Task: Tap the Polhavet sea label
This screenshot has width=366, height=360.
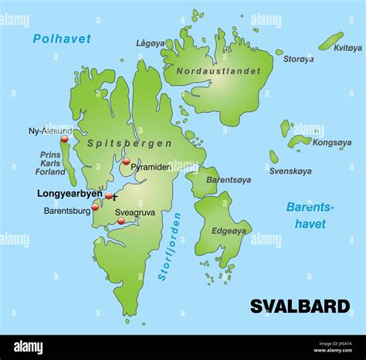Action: coord(62,39)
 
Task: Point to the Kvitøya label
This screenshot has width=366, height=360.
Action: coord(347,47)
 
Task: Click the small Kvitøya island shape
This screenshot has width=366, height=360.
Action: coord(331,40)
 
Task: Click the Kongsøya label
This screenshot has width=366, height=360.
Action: coord(333,143)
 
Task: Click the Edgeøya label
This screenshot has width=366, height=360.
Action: coord(229,230)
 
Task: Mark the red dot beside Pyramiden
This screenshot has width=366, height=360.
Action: coord(126,161)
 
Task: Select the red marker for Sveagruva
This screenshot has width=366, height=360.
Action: coord(120,221)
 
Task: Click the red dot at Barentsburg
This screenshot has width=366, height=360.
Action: coord(95,207)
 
